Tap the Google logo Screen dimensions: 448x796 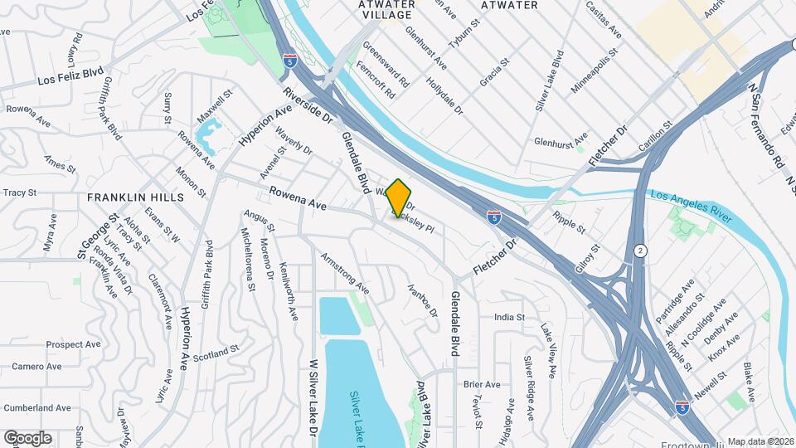(27, 438)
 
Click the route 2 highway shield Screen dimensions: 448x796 (640, 251)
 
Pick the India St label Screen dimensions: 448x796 (509, 317)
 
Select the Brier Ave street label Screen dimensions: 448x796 (482, 384)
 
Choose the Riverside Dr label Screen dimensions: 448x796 (307, 107)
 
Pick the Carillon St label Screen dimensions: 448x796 (655, 133)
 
